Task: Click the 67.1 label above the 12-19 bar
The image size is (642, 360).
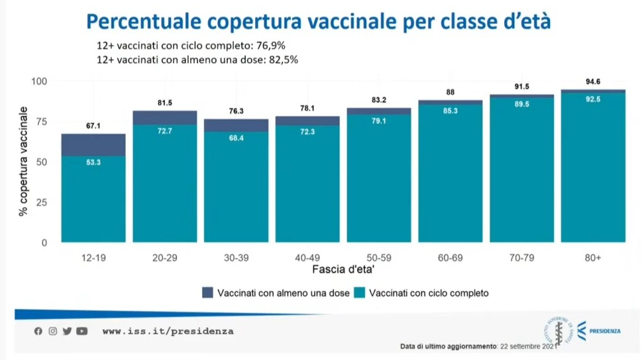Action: click(93, 126)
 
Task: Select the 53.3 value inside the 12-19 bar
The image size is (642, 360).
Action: click(93, 162)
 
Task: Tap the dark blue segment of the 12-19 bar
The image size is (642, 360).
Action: click(93, 145)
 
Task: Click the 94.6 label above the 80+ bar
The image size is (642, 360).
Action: click(592, 82)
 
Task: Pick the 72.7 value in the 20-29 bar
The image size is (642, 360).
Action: click(165, 131)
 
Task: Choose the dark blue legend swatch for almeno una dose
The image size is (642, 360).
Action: click(207, 292)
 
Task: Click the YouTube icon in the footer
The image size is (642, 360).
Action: click(81, 331)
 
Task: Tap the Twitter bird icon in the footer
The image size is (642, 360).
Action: click(67, 331)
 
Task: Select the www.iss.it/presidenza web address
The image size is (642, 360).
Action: click(168, 331)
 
